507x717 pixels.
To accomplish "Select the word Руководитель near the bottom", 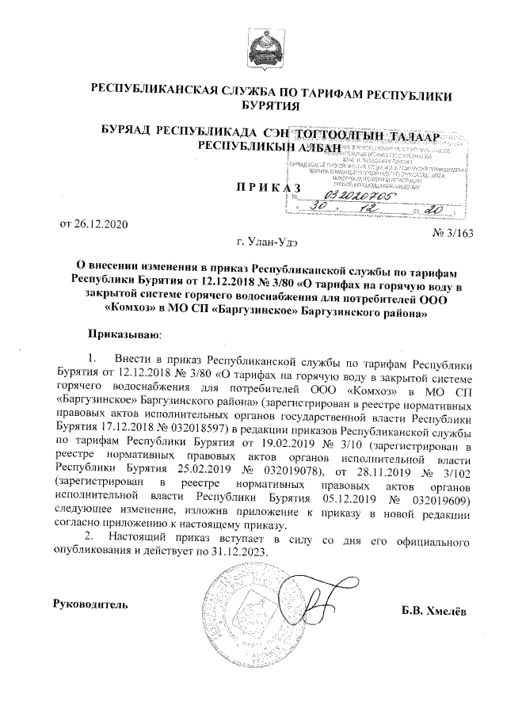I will (89, 605).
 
